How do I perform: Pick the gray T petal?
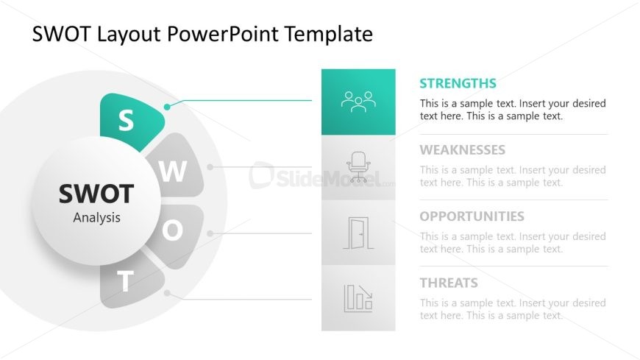129,282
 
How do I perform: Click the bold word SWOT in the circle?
96,194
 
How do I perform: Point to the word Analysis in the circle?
96,218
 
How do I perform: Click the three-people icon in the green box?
358,102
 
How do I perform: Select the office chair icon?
358,167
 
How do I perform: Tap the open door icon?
358,233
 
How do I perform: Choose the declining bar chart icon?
358,298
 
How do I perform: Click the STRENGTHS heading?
458,83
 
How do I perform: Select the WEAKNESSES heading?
463,150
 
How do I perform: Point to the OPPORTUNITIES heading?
472,216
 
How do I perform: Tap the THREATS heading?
449,283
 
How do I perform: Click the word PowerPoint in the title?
224,34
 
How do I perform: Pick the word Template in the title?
329,35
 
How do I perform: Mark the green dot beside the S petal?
167,107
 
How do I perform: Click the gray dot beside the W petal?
210,166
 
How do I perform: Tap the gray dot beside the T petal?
167,293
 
